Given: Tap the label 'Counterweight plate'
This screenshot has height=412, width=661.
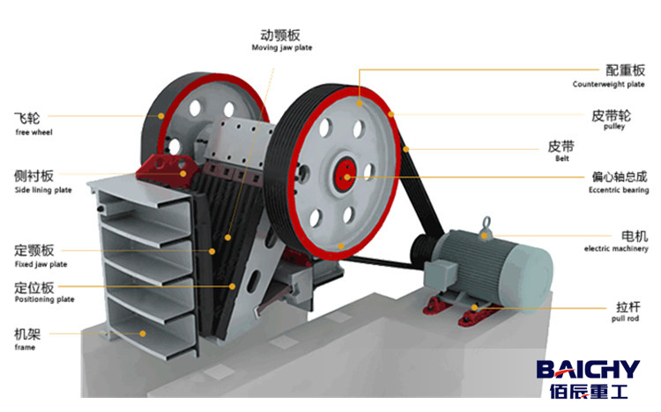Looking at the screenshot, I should [608, 85].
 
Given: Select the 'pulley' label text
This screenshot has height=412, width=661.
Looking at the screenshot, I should [613, 127].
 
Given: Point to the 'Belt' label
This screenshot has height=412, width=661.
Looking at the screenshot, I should [587, 159].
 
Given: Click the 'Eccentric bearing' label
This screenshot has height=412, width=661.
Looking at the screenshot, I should [618, 190].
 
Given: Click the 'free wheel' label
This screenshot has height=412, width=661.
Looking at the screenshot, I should [34, 132].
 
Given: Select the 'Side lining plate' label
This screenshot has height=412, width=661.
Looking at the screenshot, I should [43, 190].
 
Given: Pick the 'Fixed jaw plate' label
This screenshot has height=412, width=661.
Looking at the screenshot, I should [41, 264].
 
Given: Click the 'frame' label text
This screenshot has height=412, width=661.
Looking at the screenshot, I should [25, 348].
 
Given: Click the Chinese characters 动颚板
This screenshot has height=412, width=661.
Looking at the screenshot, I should [281, 34].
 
